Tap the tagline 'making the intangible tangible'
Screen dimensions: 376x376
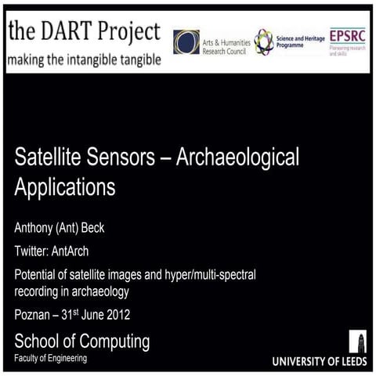[x=84, y=60]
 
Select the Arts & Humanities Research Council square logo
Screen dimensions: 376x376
[x=186, y=42]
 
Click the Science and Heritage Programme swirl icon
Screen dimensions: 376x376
[x=263, y=41]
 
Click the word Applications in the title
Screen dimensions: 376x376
[x=64, y=188]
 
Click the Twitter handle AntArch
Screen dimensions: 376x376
[x=83, y=251]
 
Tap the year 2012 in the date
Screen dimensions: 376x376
[x=114, y=316]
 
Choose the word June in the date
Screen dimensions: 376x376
[x=85, y=316]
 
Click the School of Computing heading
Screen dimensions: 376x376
[x=81, y=342]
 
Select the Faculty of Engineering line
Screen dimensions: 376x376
[x=51, y=359]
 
